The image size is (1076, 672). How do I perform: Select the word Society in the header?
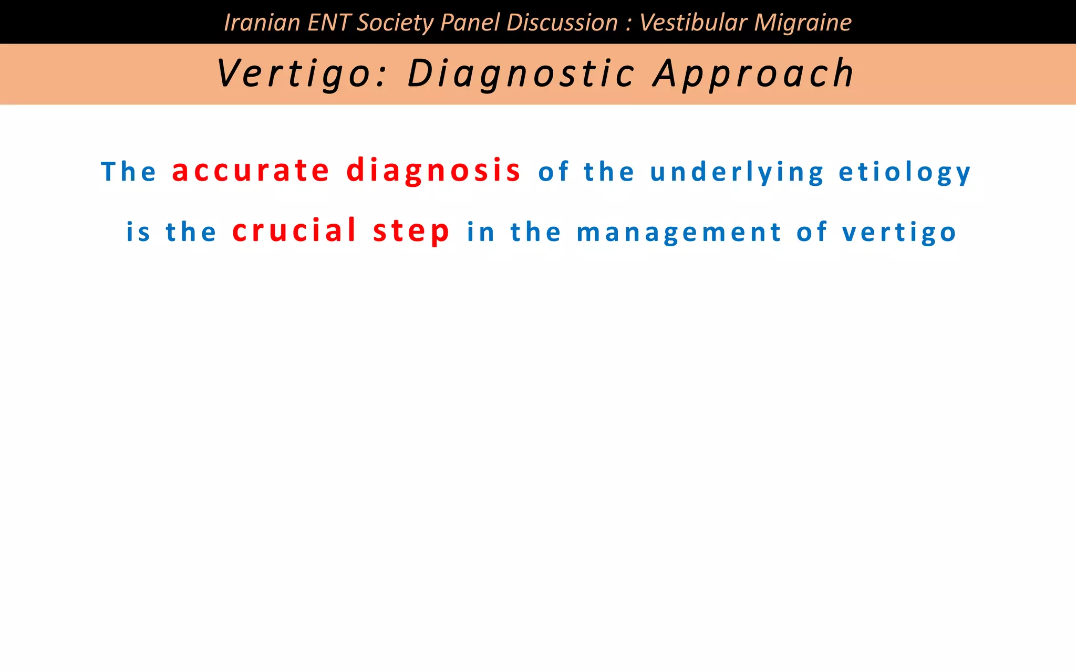395,23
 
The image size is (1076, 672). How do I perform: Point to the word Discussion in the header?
562,23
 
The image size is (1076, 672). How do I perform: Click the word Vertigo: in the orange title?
301,73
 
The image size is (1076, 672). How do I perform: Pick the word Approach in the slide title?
754,73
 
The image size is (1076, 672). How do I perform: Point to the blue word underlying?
737,172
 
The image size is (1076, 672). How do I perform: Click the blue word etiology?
905,172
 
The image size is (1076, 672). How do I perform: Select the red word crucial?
295,231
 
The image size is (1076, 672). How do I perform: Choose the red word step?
411,232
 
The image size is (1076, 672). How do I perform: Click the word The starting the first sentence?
129,172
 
